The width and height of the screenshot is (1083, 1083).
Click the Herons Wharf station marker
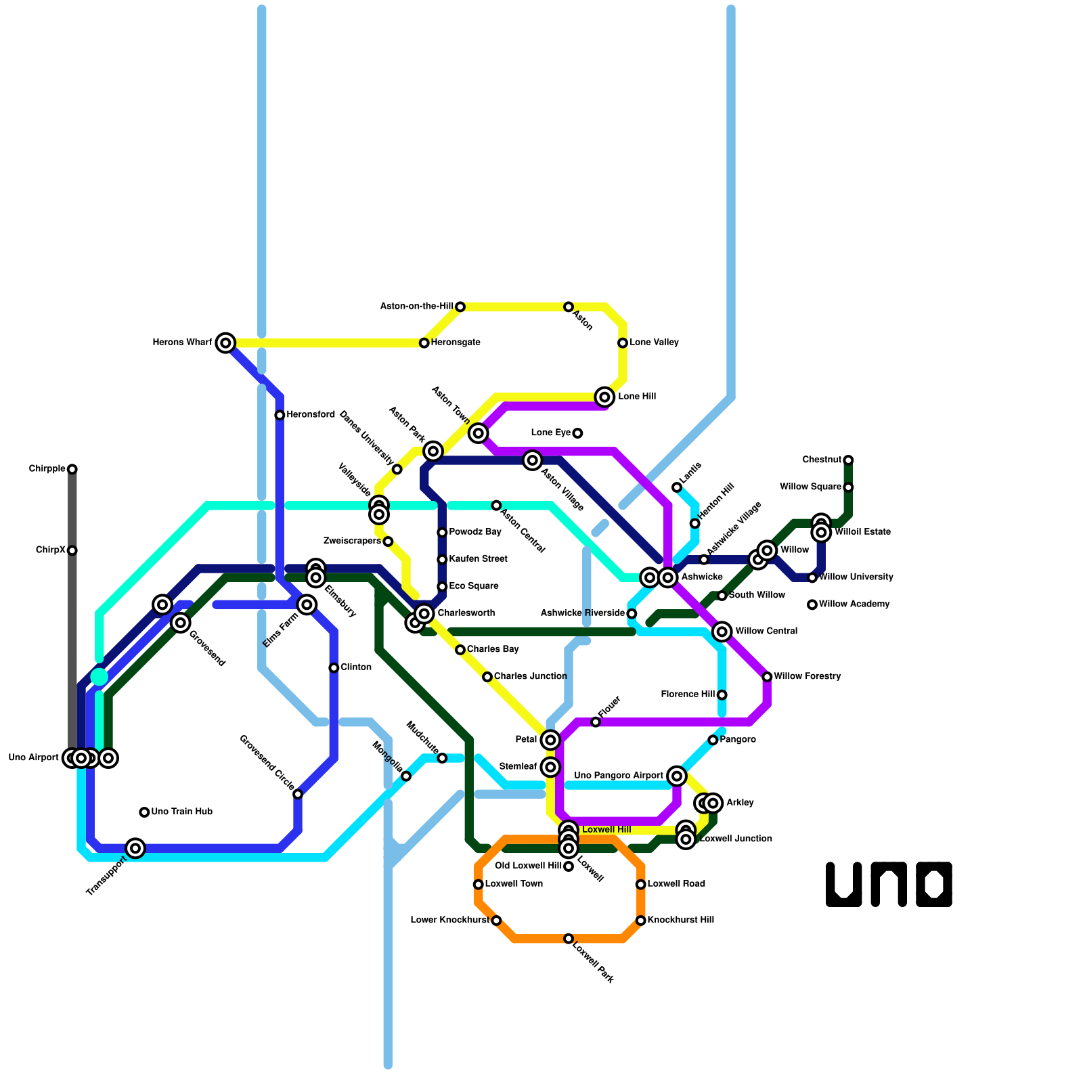225,342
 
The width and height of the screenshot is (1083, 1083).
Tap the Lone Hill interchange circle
604,397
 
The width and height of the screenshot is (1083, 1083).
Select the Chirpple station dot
72,469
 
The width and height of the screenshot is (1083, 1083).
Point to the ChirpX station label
51,550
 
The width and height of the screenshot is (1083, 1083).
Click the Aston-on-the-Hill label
416,307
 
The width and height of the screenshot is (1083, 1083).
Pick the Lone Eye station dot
577,433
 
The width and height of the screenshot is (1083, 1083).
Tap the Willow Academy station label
854,604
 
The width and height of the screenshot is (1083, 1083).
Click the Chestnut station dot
848,460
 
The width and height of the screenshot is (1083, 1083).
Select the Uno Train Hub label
181,812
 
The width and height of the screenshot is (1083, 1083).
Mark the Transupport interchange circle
135,848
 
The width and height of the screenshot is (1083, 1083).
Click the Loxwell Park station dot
569,938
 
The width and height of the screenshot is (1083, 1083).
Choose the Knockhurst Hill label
680,921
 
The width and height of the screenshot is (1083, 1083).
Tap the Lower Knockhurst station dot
496,921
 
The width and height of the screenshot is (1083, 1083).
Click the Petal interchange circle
550,740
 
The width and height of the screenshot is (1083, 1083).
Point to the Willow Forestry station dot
767,677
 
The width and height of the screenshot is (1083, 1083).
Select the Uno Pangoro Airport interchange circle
677,776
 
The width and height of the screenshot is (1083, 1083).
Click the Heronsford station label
310,415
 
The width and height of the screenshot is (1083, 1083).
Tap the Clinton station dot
334,668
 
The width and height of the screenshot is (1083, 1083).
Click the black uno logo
889,884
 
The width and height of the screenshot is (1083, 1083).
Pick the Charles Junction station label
530,677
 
